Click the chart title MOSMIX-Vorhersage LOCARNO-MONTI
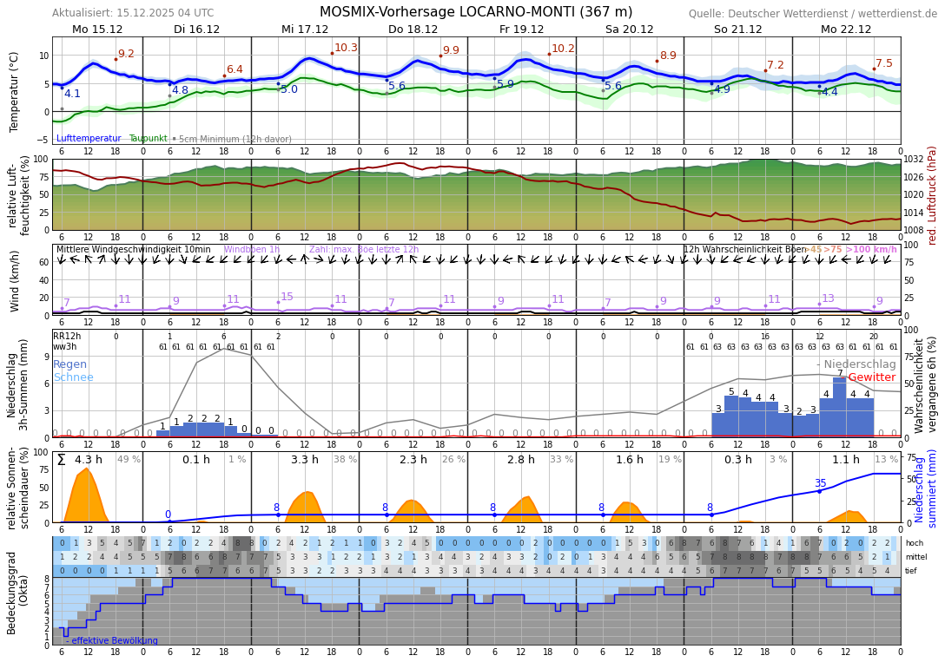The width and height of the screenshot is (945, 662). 476,12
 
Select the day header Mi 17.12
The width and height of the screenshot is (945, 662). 305,29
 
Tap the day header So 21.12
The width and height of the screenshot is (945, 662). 737,29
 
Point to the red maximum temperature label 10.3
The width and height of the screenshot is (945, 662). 346,48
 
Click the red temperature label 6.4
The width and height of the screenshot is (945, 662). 235,69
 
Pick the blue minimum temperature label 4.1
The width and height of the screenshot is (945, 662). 72,94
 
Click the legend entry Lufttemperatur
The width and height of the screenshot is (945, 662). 89,139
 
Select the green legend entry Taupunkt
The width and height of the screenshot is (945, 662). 148,139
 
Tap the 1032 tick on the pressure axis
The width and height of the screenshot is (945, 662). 914,160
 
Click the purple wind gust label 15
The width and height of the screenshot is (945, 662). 287,297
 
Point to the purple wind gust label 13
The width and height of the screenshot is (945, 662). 828,298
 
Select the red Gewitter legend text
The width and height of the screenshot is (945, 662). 871,377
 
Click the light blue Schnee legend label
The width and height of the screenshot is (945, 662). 73,377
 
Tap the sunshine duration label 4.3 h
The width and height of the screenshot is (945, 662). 89,460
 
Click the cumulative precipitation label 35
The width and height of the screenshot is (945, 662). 820,483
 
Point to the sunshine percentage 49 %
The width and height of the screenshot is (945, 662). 129,460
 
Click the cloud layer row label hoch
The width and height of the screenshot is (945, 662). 914,543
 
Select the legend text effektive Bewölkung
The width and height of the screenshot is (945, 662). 115,641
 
